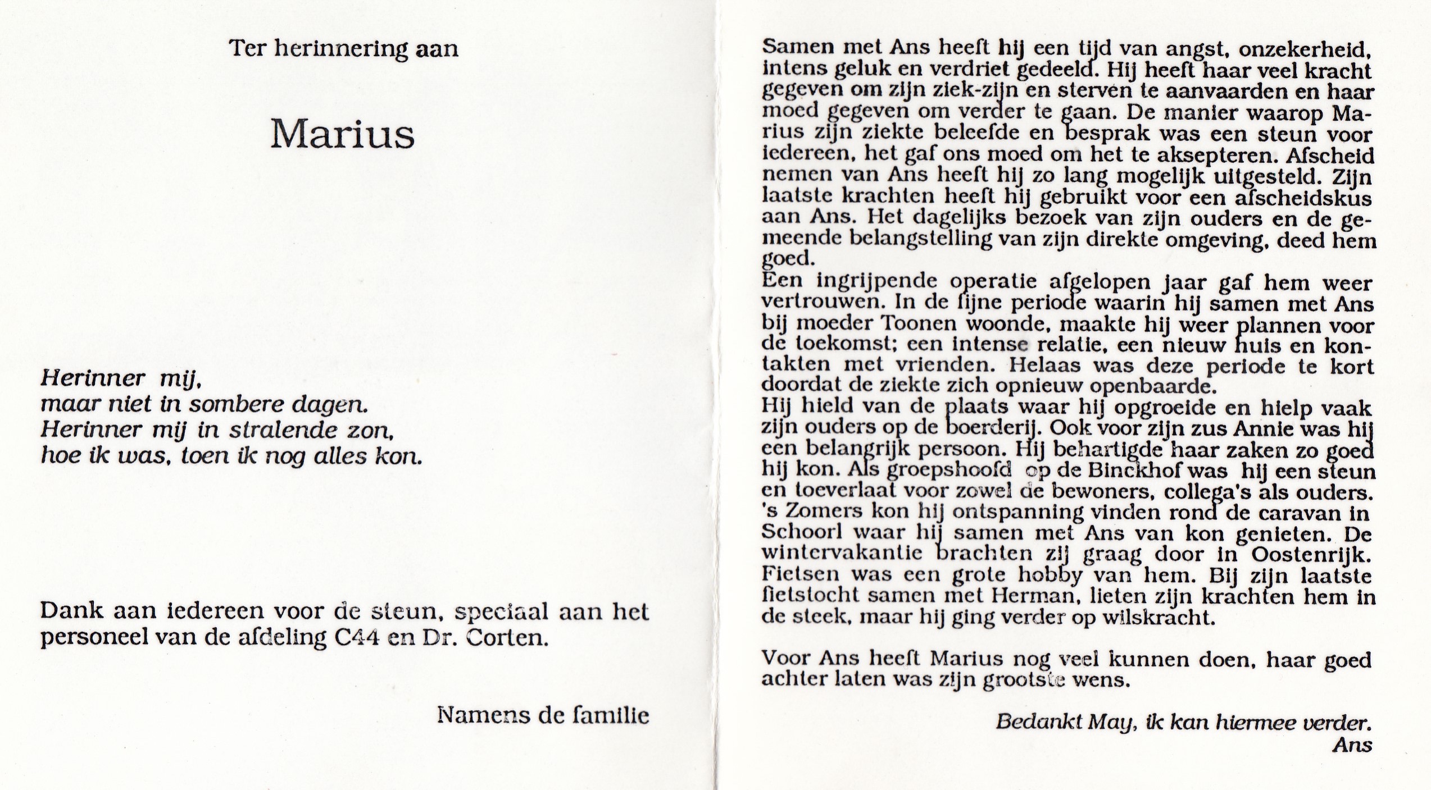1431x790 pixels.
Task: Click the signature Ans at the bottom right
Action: click(x=1352, y=745)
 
